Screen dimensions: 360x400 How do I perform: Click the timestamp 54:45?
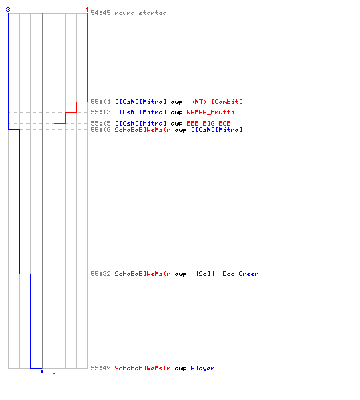pyautogui.click(x=101, y=13)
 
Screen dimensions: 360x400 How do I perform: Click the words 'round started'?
pyautogui.click(x=141, y=13)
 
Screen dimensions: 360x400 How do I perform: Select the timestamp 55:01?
pyautogui.click(x=101, y=102)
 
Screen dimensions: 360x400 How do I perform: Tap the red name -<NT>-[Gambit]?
pyautogui.click(x=215, y=102)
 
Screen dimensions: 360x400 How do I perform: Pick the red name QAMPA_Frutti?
pyautogui.click(x=210, y=112)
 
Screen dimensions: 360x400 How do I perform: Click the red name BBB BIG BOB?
pyautogui.click(x=209, y=123)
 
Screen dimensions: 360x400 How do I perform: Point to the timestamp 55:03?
pyautogui.click(x=101, y=112)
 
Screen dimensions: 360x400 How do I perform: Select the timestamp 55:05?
pyautogui.click(x=101, y=123)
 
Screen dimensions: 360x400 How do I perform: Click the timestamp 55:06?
pyautogui.click(x=101, y=130)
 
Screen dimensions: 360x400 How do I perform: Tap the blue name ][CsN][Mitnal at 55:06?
pyautogui.click(x=217, y=130)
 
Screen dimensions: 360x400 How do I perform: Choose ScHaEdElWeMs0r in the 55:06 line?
pyautogui.click(x=142, y=130)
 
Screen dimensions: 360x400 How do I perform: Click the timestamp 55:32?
pyautogui.click(x=101, y=274)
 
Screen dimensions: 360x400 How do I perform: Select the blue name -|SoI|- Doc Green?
pyautogui.click(x=225, y=274)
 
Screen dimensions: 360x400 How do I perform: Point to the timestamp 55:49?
pyautogui.click(x=101, y=368)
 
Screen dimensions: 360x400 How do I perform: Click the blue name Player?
pyautogui.click(x=202, y=369)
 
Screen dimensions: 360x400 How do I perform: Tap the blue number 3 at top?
pyautogui.click(x=8, y=10)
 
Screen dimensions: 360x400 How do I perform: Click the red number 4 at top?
pyautogui.click(x=87, y=10)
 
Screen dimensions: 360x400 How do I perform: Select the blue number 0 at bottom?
pyautogui.click(x=42, y=371)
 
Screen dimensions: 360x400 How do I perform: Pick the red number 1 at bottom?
pyautogui.click(x=54, y=371)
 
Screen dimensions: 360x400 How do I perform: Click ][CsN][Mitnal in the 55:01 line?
pyautogui.click(x=141, y=102)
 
